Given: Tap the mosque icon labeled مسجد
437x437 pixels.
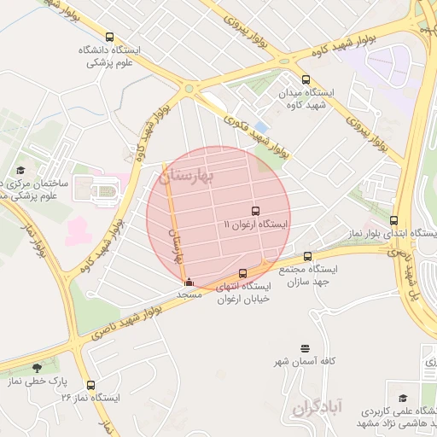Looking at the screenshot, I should (189, 283).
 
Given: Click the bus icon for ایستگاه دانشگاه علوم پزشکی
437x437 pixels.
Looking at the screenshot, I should (109, 37).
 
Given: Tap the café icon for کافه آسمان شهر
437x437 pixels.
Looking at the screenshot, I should (305, 347).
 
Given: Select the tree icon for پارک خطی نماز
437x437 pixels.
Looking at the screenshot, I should (36, 369).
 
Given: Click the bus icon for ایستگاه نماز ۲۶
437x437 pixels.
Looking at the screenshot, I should (90, 385).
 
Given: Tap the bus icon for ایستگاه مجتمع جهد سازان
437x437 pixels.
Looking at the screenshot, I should (307, 255).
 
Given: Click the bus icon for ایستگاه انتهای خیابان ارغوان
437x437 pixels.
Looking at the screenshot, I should (243, 274).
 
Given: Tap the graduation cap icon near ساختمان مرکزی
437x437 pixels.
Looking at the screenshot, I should (20, 170).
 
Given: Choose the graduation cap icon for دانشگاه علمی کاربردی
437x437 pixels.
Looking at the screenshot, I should (402, 398).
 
